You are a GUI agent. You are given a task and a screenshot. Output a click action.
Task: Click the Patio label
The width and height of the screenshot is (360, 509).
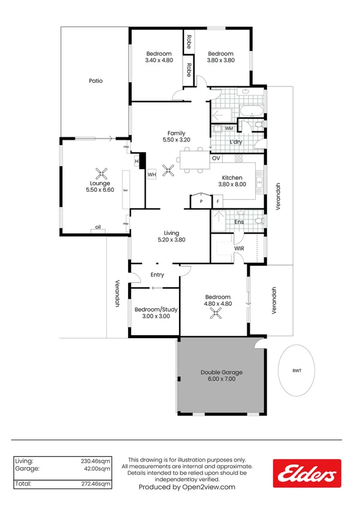96,80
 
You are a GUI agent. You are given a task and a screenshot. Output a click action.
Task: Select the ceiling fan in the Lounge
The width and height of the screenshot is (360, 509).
102,174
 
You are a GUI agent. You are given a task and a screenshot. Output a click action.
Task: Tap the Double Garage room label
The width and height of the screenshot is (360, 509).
222,372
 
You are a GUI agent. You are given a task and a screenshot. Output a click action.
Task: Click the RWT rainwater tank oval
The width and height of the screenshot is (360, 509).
297,371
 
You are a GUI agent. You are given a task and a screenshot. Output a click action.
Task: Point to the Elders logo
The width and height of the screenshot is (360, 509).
307,472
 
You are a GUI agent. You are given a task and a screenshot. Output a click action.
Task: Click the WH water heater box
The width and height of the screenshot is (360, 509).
152,174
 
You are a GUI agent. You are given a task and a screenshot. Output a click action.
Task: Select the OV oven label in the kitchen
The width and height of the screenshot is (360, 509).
216,158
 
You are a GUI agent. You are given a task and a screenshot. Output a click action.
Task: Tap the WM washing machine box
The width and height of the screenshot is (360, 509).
229,128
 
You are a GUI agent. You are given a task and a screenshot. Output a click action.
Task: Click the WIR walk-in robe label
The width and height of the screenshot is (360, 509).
238,248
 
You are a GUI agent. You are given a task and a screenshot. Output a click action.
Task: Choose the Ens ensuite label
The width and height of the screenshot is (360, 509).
238,222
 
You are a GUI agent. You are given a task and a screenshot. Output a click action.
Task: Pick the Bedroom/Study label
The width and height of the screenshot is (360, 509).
156,309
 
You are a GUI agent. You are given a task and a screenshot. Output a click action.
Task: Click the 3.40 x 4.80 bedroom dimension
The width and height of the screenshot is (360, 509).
159,61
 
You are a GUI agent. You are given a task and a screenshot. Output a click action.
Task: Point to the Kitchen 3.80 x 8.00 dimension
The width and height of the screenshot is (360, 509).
231,185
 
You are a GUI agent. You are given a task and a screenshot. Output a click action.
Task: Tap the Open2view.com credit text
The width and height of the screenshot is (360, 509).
186,487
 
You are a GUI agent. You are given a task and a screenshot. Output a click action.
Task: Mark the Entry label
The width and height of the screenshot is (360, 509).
157,275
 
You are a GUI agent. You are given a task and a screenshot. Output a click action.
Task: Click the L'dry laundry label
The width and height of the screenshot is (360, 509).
235,142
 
